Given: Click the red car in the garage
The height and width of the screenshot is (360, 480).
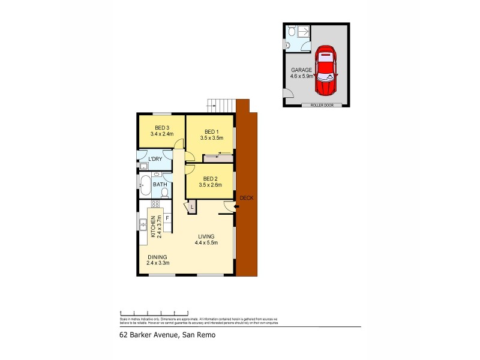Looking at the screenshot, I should point(326,70).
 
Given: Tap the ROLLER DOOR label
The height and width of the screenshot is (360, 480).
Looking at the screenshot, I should point(322,105).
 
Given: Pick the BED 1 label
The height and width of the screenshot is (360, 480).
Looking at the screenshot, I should point(210,132).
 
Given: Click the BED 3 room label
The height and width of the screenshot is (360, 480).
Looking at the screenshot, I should point(161,127).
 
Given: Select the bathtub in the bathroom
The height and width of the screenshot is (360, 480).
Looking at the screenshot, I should point(145,185).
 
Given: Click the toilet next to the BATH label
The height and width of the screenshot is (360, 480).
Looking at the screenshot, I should point(164,192).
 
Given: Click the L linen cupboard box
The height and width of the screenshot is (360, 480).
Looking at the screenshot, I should point(191,208).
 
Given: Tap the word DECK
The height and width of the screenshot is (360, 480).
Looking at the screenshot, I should point(246,198).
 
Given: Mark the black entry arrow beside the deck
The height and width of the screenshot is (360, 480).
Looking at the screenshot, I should point(236,208).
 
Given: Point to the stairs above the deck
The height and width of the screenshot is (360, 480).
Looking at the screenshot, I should point(220,105).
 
